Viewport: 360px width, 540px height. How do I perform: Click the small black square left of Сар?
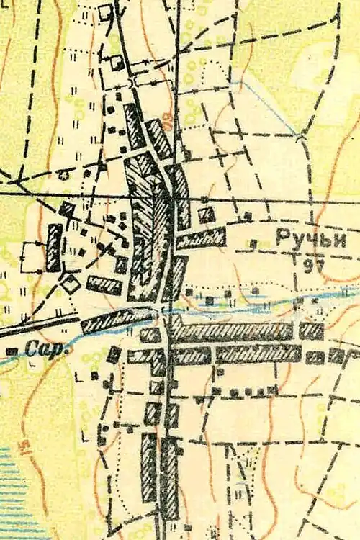pos(12,351)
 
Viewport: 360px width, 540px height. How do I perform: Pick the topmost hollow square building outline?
pos(107,12)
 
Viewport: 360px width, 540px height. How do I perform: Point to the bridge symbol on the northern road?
pos(135,83)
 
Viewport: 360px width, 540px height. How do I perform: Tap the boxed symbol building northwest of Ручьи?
pos(207,214)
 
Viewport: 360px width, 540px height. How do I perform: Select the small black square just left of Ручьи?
pos(253,243)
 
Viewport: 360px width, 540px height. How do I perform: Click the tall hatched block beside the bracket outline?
pos(54,247)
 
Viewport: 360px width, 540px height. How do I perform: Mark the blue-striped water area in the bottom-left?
pos(18,490)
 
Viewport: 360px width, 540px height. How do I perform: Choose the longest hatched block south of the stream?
pos(232,332)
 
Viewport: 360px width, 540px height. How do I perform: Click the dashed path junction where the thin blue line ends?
pos(297,135)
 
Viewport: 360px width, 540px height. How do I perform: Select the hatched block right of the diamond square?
pos(104,286)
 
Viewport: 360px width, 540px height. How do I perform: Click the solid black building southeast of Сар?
pos(114,354)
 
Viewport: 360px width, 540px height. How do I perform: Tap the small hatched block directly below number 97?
pos(311,331)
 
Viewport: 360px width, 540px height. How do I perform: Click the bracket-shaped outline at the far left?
pos(30,256)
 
